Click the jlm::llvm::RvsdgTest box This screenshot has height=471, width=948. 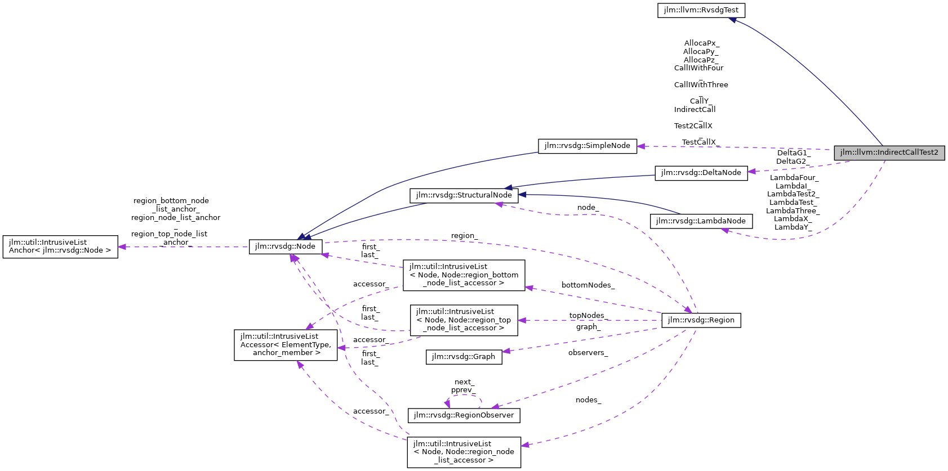point(701,10)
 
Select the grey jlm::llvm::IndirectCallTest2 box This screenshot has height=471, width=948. point(889,152)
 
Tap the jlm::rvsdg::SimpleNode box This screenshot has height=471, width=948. point(587,146)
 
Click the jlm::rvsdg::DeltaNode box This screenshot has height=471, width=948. point(701,173)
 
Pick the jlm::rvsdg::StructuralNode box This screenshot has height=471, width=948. point(464,195)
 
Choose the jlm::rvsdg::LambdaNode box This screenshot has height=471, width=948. point(701,221)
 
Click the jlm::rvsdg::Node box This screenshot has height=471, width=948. point(286,246)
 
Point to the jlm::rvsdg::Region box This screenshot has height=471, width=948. point(701,320)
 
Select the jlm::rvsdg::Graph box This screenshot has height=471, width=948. point(464,357)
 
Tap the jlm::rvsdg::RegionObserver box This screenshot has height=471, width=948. point(464,415)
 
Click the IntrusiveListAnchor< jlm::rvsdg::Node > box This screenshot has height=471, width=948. point(60,246)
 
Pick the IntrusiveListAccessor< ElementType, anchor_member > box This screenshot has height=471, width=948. point(286,344)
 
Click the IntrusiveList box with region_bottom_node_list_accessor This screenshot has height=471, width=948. point(464,275)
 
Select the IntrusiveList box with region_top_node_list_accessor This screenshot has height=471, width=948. point(464,320)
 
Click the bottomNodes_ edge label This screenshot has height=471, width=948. point(588,285)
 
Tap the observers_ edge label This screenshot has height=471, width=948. point(588,353)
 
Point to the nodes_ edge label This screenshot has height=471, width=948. point(588,400)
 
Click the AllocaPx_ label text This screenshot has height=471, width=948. point(701,43)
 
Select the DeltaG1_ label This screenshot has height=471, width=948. point(793,153)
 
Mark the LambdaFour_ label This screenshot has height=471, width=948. point(794,178)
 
